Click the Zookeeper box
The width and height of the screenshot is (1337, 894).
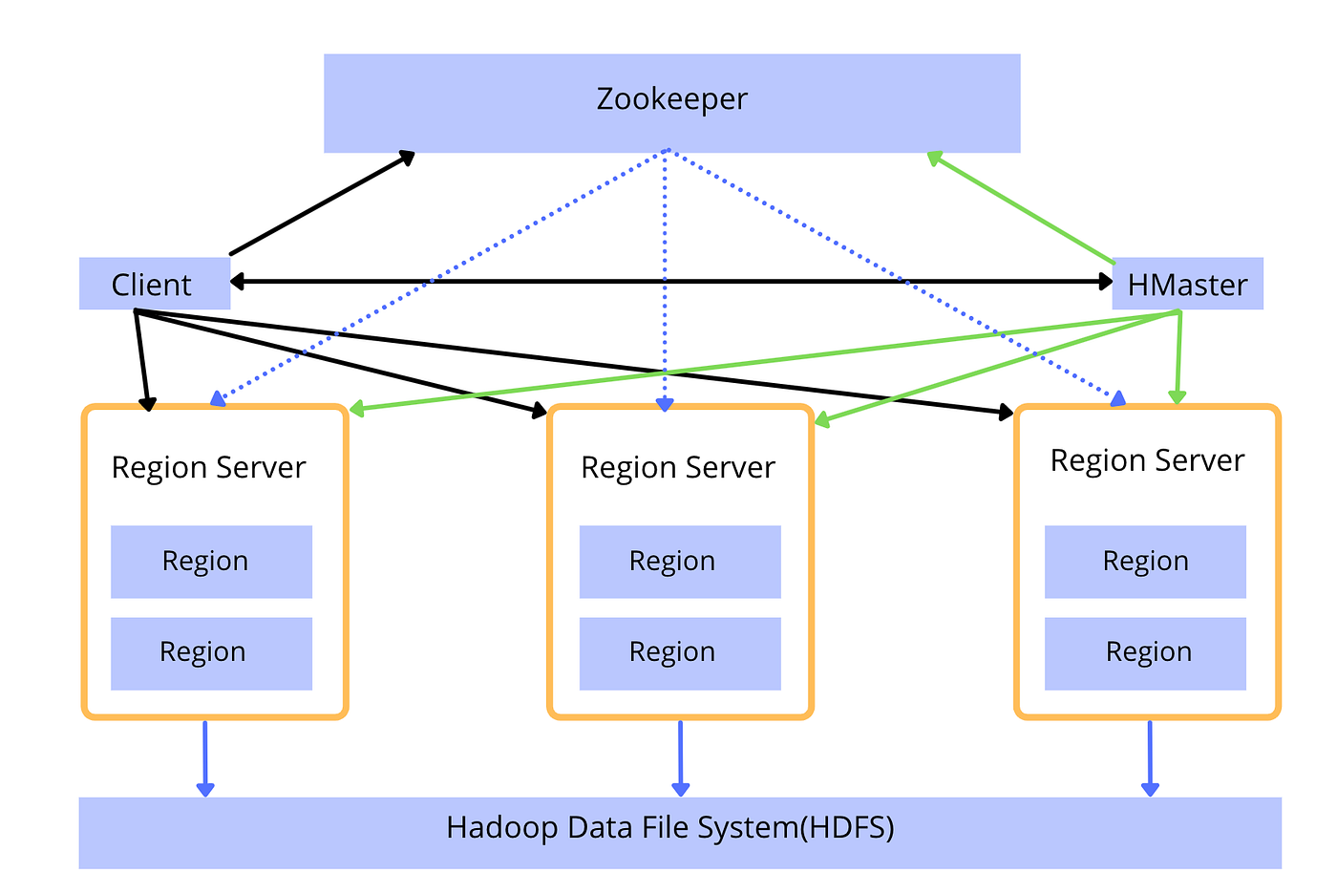672,103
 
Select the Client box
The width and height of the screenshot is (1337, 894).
155,284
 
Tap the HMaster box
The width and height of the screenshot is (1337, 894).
1188,284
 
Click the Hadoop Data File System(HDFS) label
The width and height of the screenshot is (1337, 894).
670,828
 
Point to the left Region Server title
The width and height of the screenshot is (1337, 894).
208,467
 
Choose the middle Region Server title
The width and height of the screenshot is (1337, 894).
678,467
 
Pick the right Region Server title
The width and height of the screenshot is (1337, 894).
1147,460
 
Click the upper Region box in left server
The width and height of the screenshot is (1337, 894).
211,562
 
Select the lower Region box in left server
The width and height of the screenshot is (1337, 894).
211,653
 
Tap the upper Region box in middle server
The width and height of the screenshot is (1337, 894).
680,562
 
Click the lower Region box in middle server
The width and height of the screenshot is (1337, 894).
680,653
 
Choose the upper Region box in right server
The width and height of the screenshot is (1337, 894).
1145,562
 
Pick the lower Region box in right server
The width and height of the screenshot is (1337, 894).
1145,653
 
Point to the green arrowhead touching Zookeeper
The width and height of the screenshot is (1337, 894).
934,159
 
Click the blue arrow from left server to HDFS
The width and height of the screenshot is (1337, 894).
205,758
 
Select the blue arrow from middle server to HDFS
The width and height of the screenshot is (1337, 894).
680,758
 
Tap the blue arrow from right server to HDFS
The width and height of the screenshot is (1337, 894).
1150,758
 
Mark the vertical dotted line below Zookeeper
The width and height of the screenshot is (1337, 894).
665,281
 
